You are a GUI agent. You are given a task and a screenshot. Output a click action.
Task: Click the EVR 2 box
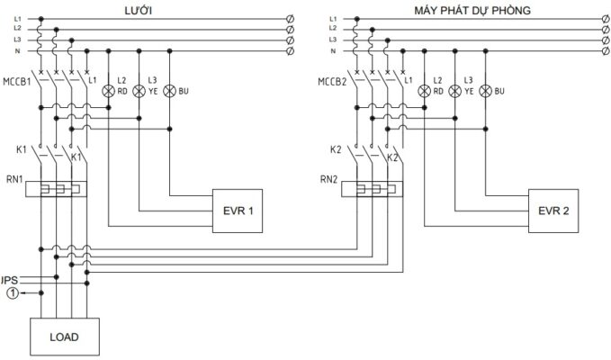553,211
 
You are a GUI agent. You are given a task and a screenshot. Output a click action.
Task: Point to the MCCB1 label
16,82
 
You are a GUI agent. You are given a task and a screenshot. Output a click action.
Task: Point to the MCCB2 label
332,82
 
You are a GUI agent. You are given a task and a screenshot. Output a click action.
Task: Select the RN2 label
328,179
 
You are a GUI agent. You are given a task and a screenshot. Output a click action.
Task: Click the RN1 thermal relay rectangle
55,190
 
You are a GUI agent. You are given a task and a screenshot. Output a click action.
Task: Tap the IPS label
10,280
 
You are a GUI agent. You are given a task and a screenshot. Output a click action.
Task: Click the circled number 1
10,292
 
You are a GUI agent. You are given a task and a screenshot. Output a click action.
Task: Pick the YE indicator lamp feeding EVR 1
139,91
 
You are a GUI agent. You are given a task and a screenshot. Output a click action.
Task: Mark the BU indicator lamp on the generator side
486,91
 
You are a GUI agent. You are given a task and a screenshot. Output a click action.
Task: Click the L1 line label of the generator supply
333,18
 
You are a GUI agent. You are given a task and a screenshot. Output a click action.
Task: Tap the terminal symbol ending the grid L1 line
289,18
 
